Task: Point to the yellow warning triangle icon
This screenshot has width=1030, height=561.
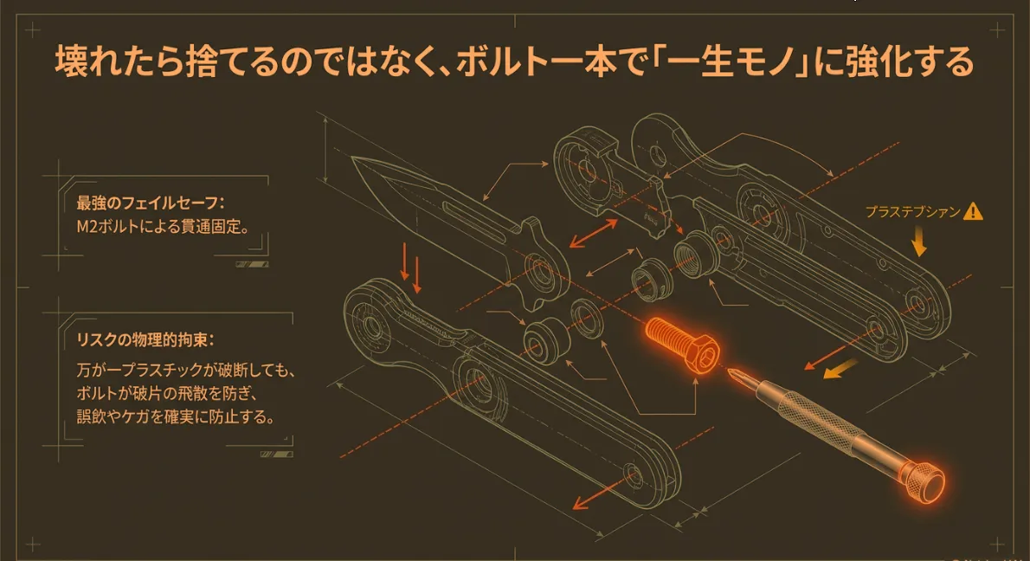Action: (x=975, y=210)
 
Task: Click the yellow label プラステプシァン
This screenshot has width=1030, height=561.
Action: (x=912, y=211)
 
